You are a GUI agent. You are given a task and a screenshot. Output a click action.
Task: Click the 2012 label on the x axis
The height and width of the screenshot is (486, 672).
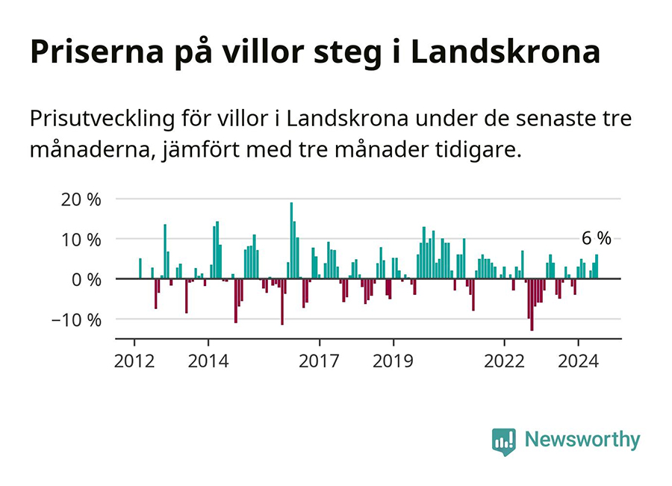[134, 361]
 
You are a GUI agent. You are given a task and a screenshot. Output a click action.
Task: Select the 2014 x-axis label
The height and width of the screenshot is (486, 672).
[208, 361]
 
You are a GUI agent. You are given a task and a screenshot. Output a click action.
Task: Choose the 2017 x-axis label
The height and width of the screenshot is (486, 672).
[319, 361]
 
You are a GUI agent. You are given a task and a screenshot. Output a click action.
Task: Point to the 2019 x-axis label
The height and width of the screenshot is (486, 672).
[393, 361]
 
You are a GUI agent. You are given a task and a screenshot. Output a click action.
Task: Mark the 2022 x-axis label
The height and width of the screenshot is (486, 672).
[504, 361]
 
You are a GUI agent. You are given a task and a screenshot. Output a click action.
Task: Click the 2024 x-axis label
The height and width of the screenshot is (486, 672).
[578, 361]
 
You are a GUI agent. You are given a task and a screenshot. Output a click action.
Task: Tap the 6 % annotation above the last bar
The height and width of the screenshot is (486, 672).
[596, 239]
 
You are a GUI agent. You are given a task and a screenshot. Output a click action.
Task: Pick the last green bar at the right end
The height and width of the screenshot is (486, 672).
[597, 267]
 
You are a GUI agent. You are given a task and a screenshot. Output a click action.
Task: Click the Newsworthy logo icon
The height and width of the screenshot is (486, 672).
[504, 441]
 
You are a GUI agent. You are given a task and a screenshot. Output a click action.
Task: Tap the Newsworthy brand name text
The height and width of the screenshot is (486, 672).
[582, 440]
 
